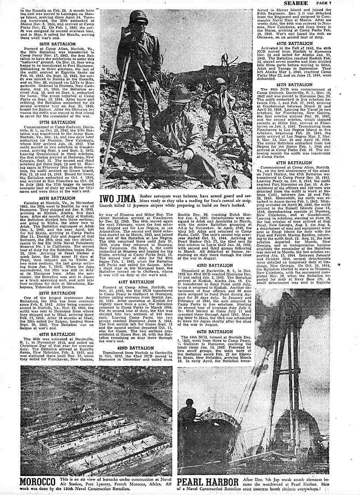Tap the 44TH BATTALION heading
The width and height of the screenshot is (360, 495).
(x=215, y=331)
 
